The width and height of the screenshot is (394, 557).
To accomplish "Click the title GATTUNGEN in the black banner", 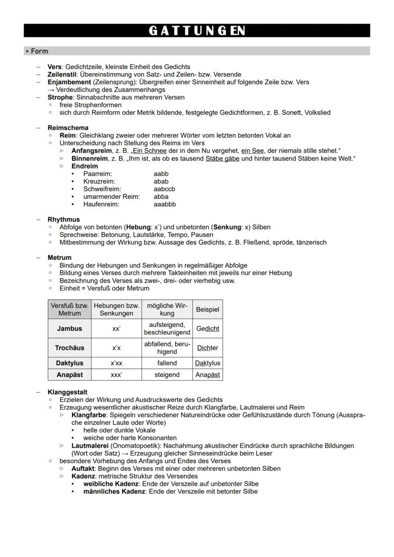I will coord(197,31).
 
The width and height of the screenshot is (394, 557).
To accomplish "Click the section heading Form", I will coord(39,51).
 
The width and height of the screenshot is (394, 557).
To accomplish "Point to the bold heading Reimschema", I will coord(68,128).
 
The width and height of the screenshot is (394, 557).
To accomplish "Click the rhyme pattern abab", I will coord(161,181).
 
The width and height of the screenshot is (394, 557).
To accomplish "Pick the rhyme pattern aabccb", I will coord(164,189).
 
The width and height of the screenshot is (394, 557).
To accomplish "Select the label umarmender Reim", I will coord(111,196).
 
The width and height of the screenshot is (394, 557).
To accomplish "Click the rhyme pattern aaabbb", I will coord(165,204).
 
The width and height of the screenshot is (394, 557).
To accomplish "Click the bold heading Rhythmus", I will coord(63,220).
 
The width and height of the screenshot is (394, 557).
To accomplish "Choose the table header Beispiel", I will coord(207,310).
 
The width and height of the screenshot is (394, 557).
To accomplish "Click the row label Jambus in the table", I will coord(69,329).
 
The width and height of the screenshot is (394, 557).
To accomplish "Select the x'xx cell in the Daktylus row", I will coord(116,363).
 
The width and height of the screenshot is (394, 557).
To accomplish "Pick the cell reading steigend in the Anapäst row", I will coord(167,375).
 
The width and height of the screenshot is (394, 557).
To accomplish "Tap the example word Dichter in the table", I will coord(207,348).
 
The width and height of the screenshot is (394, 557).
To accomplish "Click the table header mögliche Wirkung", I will coord(167,310).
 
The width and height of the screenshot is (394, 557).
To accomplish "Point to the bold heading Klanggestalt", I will coord(67,392).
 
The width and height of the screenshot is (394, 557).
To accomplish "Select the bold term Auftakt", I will coord(83,469).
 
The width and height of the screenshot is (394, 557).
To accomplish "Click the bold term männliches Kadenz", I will coord(114,491).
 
